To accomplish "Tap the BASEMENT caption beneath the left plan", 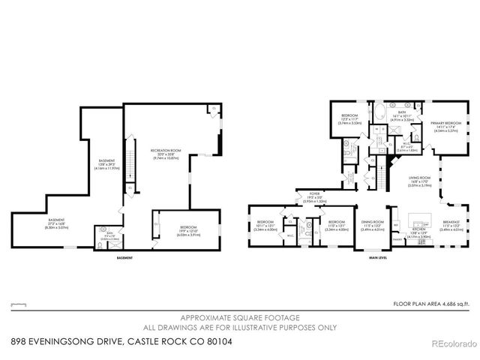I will point(124,259).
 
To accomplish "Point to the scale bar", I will point(19,304).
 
